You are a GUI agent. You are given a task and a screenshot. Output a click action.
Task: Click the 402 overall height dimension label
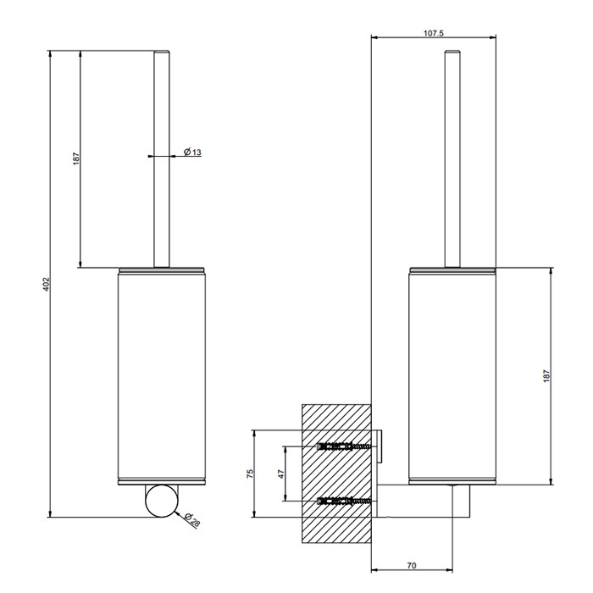click(46, 284)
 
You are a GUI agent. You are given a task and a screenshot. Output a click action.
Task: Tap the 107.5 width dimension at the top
click(434, 33)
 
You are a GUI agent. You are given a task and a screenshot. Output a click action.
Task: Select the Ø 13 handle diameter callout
click(192, 152)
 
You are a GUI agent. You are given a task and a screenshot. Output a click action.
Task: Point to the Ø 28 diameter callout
click(192, 520)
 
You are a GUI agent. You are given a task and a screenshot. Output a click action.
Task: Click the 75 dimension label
click(251, 474)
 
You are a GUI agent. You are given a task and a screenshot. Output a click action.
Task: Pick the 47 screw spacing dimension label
click(281, 474)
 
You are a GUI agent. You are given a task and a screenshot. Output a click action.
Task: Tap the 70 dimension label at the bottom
click(412, 566)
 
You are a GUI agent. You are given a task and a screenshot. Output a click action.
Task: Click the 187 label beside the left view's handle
click(76, 158)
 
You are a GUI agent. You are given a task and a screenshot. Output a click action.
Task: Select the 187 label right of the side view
click(546, 376)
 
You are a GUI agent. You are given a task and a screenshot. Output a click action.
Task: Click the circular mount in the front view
click(162, 502)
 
